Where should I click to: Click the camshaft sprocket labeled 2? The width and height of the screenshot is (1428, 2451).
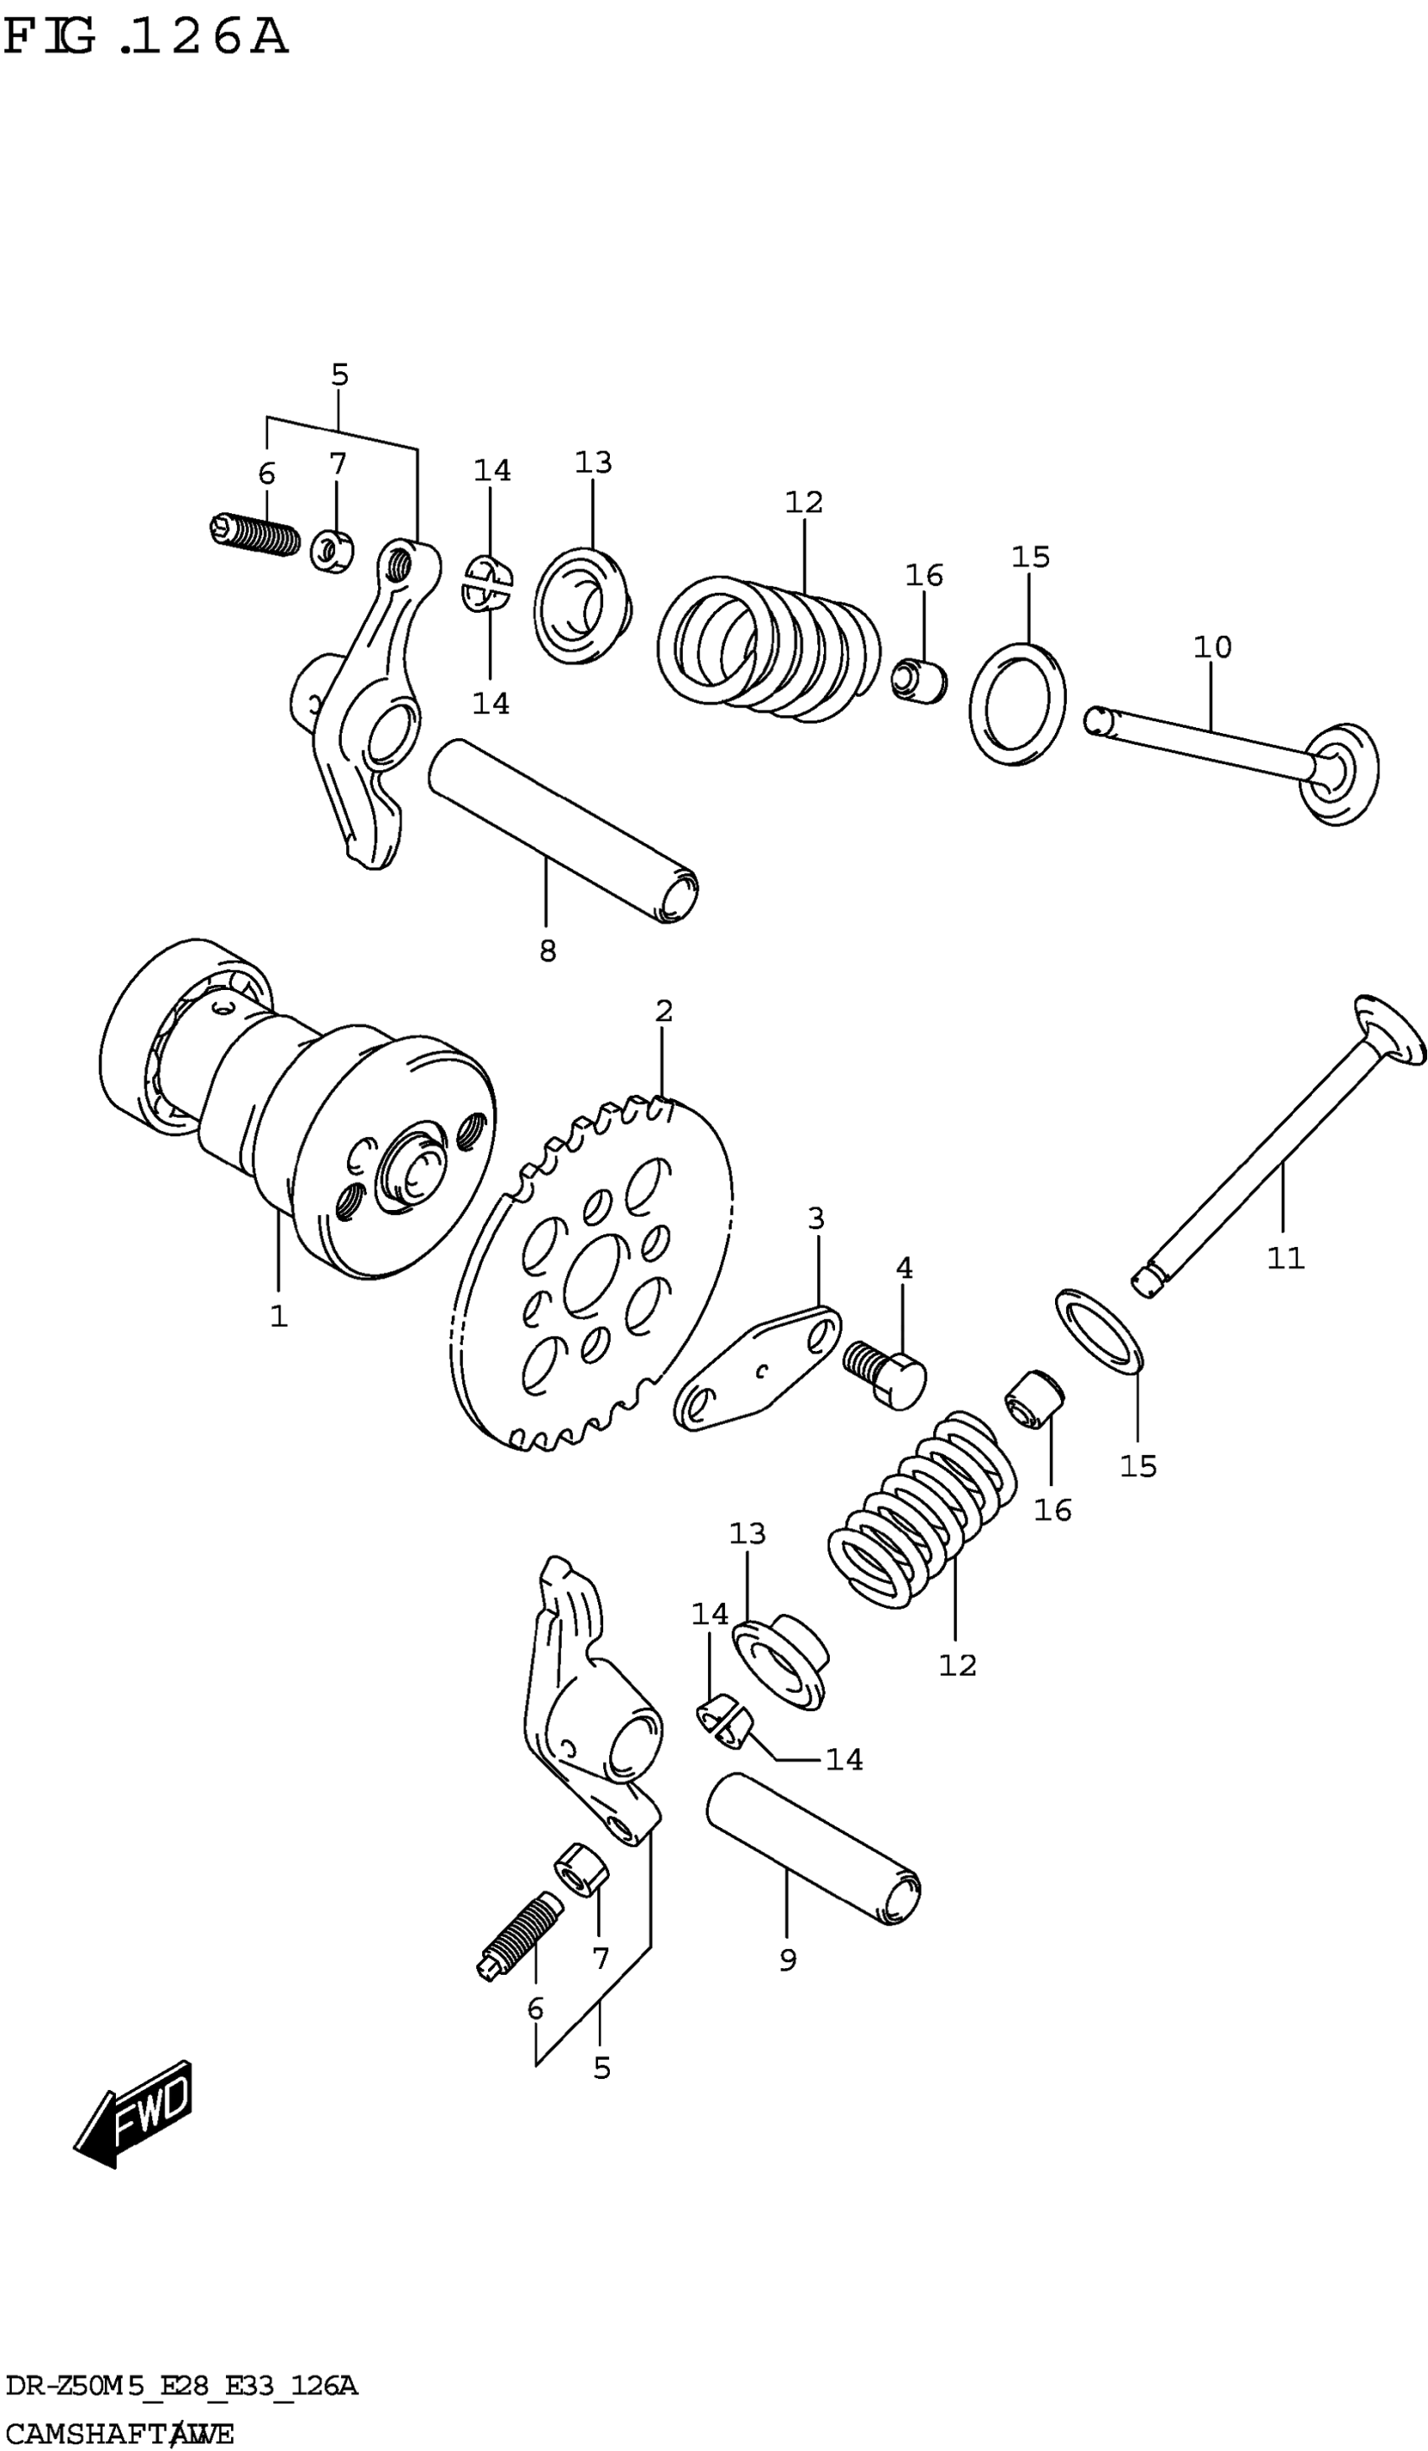coord(593,1274)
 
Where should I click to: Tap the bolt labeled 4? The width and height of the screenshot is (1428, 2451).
coord(886,1374)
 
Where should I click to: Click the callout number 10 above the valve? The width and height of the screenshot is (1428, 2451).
coord(1212,647)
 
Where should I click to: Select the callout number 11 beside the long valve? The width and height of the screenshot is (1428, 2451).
coord(1285,1259)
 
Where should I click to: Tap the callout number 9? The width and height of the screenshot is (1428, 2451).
coord(788,1961)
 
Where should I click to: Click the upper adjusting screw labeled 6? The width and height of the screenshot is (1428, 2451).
coord(254,534)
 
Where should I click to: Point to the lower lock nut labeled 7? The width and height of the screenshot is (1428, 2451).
coord(580,1868)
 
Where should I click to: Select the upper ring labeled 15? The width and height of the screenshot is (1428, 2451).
coord(1017,703)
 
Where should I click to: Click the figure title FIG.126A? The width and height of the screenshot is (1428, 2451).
coord(146,37)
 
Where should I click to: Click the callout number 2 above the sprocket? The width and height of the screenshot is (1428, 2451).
coord(664,1012)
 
